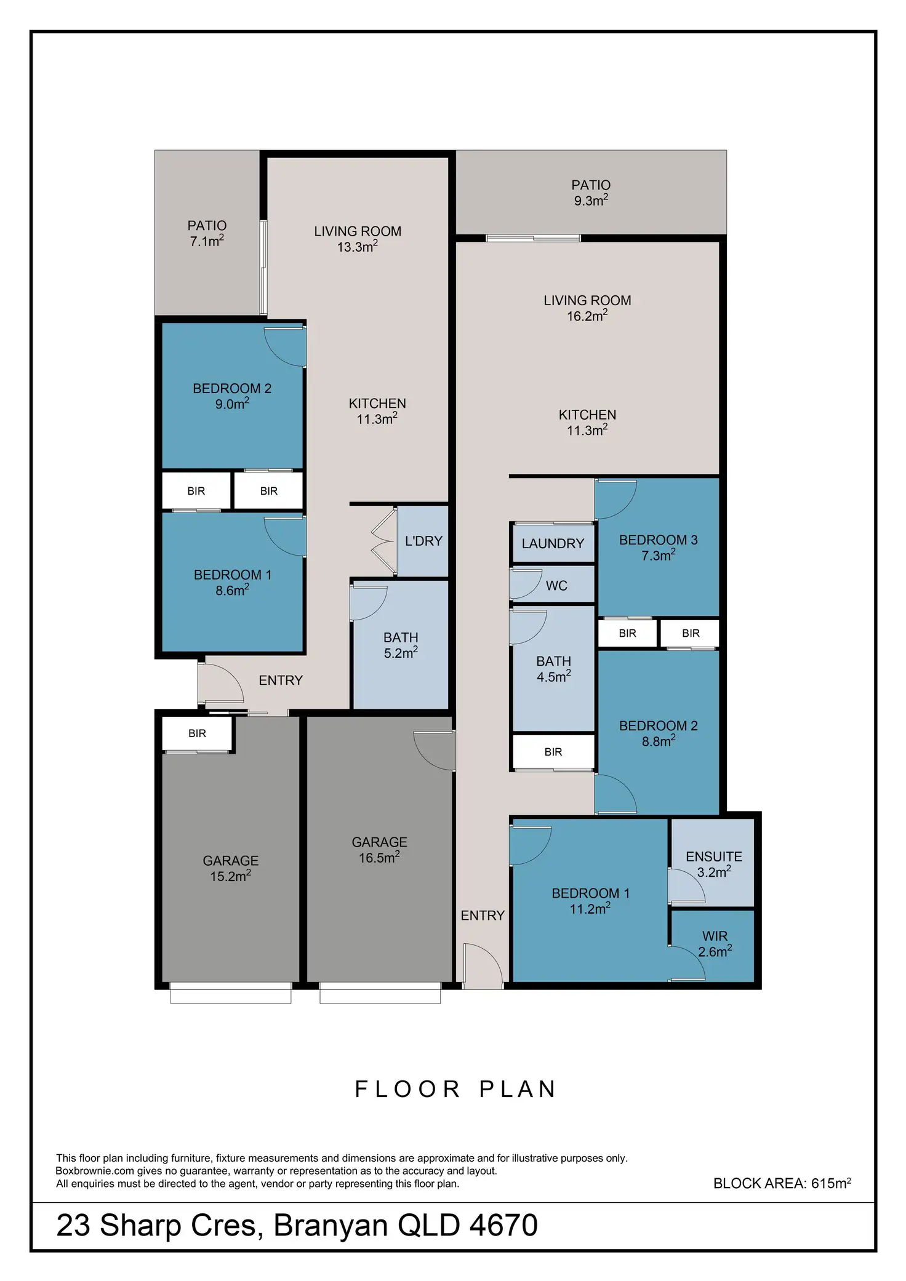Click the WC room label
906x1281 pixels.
tap(556, 585)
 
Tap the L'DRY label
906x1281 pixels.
tap(423, 541)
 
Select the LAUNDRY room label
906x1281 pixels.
tap(553, 543)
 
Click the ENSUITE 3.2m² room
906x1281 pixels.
tap(714, 864)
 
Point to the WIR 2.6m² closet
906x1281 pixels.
tap(715, 943)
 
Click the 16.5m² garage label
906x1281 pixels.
tap(379, 850)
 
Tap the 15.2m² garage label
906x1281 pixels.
tap(231, 868)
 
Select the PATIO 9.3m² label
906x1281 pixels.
tap(591, 193)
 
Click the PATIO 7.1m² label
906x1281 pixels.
tap(207, 233)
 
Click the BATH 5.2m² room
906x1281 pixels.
tap(401, 645)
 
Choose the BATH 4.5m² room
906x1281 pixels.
tap(553, 669)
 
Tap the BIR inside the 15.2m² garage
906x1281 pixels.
tap(197, 733)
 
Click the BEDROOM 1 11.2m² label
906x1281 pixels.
tap(590, 901)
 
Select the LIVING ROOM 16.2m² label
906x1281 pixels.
tap(587, 308)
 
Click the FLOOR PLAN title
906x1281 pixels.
tap(456, 1089)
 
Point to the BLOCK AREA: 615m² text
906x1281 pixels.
tap(782, 1183)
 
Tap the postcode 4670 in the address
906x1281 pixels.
tap(503, 1226)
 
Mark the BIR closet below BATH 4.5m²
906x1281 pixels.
tap(553, 752)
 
